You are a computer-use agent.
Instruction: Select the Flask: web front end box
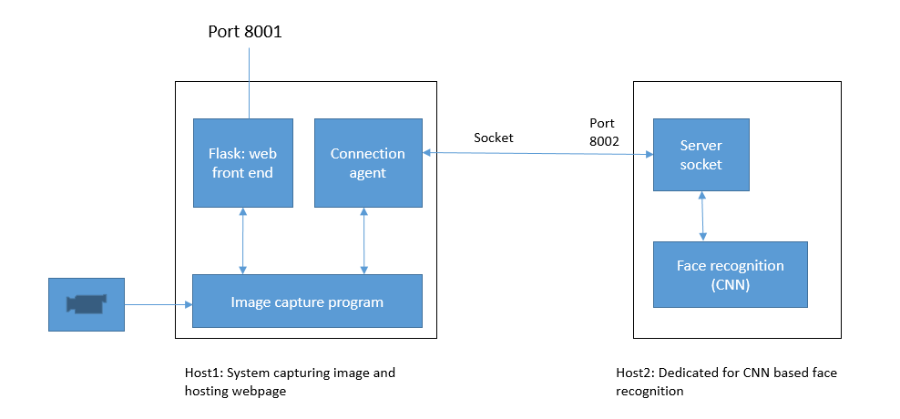242,162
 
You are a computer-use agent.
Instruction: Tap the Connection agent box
368,162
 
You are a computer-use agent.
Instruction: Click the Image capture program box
307,301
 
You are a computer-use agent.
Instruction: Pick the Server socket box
701,155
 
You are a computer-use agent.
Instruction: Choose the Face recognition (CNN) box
730,273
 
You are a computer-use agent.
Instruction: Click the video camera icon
87,303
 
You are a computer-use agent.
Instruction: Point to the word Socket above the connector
494,138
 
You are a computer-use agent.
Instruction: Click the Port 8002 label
603,132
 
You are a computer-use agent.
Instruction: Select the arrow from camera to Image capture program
158,304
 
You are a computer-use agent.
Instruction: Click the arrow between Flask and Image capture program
243,240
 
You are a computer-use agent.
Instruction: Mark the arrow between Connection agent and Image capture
364,240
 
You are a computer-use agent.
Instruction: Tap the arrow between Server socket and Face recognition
701,217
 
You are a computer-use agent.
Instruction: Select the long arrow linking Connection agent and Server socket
537,154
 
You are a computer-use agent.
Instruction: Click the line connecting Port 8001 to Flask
247,82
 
